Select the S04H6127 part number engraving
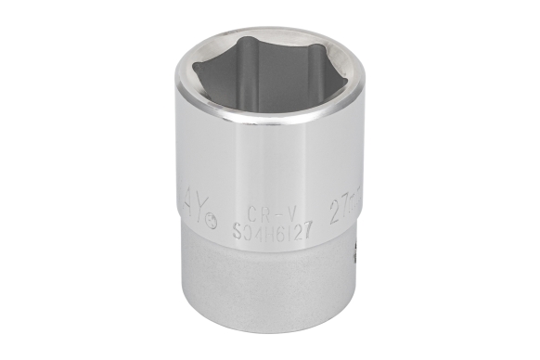(x=272, y=225)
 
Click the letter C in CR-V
(x=252, y=211)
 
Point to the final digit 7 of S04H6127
(x=305, y=225)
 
